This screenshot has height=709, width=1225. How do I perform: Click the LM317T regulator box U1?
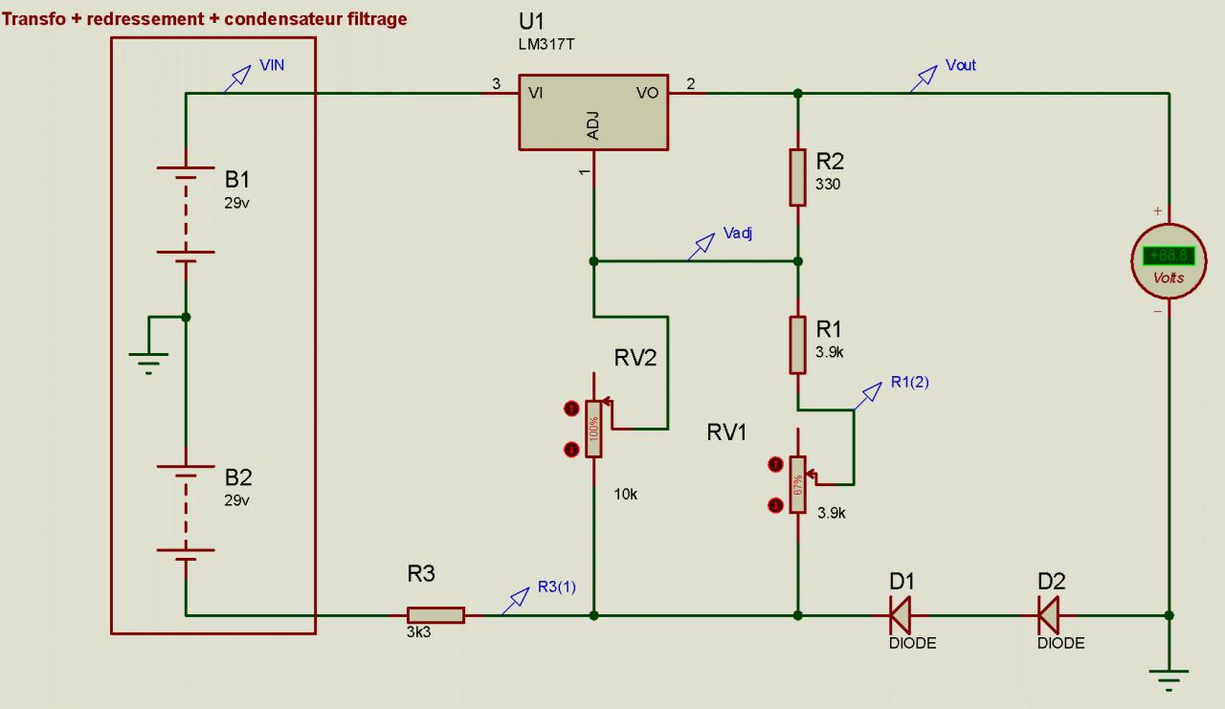coord(593,112)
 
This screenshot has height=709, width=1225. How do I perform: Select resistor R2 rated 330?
coord(798,177)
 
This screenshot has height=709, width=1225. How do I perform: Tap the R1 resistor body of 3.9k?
coord(798,344)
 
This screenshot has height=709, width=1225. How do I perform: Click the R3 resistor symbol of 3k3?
coord(435,615)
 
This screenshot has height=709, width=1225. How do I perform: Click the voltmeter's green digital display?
coord(1168,255)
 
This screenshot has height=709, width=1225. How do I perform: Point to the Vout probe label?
coord(960,66)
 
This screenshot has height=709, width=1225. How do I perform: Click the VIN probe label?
coord(272,66)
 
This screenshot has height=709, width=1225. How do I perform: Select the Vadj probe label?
coord(738,233)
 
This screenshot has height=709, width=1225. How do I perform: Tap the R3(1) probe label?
coord(556,587)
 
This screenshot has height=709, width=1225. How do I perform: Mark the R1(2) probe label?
coord(909,382)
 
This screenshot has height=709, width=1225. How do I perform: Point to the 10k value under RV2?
coord(626,495)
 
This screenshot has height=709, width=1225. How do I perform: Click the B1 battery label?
coord(239,179)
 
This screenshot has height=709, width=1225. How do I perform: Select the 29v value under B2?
coord(236,500)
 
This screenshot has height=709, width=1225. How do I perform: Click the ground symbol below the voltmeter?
coord(1169,677)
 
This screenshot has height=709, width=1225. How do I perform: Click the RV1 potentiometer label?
coord(726,432)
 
